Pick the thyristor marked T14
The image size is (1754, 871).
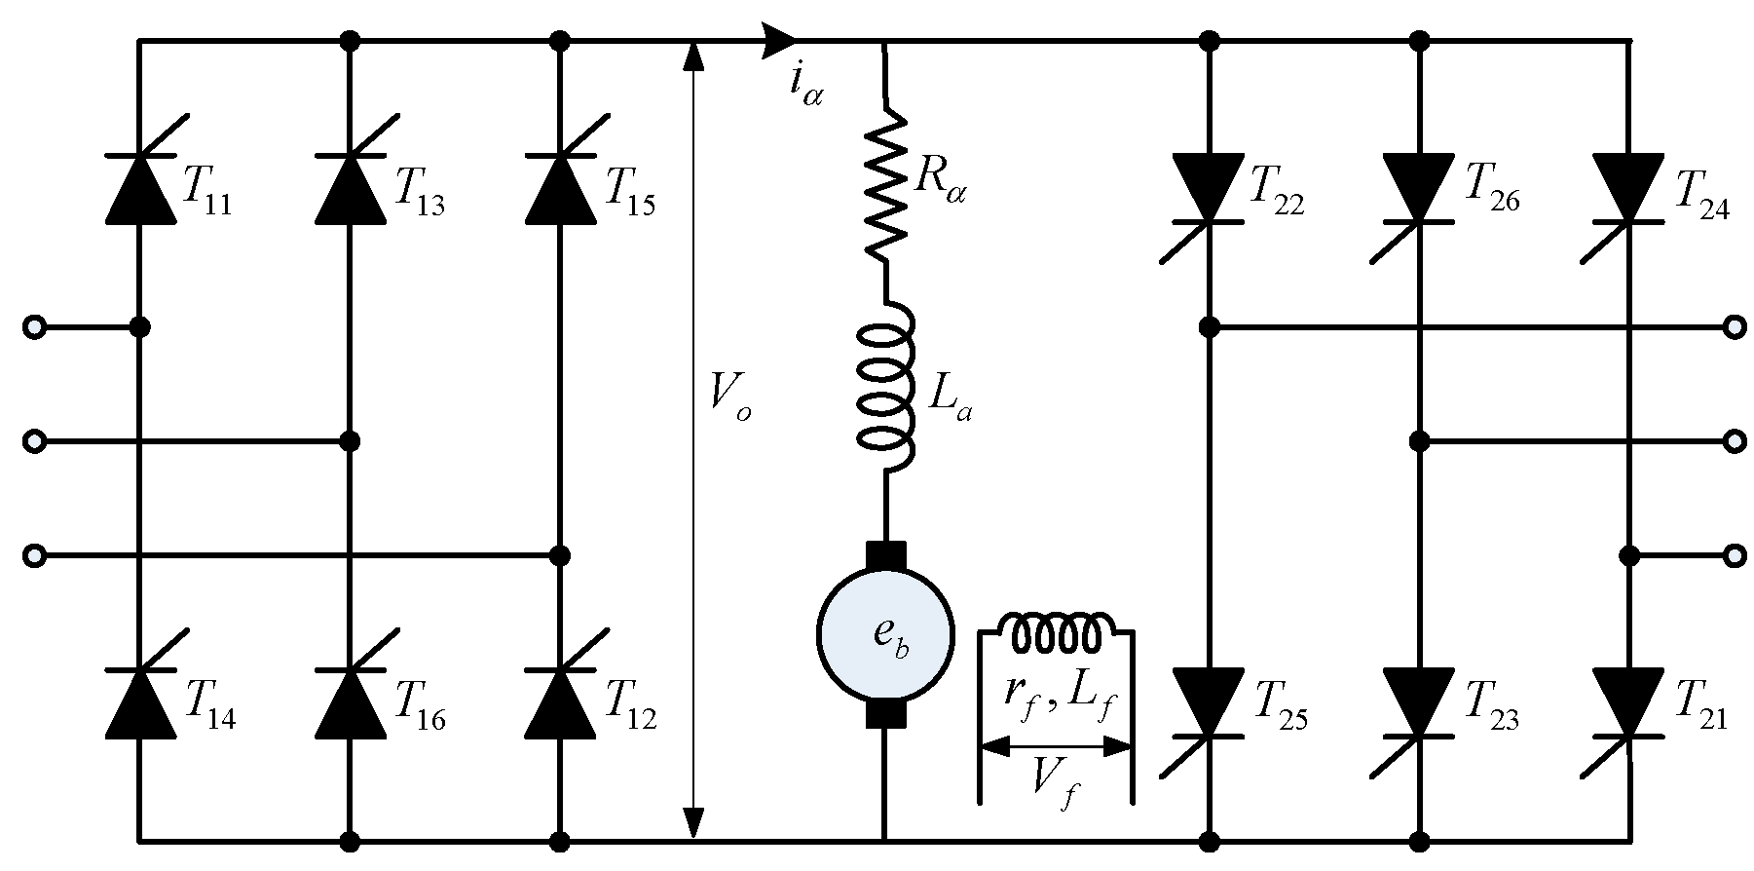(x=139, y=701)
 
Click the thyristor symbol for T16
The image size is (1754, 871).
(x=351, y=701)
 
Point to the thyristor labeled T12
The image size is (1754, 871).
(x=560, y=701)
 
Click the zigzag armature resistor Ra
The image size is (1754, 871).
(x=885, y=185)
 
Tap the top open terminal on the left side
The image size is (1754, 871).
(x=34, y=327)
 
